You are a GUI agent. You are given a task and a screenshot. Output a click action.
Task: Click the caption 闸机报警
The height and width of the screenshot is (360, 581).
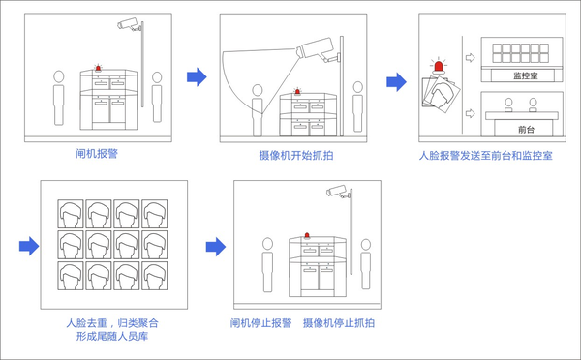[97, 153]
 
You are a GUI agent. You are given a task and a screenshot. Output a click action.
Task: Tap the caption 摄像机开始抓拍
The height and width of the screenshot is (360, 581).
[296, 155]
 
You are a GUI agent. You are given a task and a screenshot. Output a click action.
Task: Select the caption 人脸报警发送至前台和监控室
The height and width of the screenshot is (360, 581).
[486, 155]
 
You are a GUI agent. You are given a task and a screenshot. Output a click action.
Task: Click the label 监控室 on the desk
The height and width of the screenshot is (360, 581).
[526, 75]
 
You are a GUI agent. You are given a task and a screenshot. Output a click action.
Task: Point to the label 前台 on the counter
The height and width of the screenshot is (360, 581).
[526, 130]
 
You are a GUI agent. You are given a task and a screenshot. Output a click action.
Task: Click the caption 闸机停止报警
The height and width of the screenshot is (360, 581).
[260, 323]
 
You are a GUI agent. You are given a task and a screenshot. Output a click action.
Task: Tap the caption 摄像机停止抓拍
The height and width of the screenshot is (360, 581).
[339, 323]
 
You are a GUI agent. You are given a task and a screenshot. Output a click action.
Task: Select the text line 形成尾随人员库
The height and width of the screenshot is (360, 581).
[112, 337]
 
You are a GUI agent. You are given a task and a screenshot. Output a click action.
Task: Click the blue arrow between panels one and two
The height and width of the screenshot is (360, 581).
[197, 77]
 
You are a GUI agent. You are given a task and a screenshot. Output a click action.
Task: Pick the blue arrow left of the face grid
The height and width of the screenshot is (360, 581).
[29, 246]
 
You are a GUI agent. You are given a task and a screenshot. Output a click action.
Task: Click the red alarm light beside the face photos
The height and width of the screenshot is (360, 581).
[439, 67]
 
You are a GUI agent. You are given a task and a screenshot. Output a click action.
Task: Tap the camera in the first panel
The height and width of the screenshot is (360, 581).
[130, 24]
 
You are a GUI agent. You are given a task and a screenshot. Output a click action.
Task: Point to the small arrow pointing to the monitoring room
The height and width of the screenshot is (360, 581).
[470, 58]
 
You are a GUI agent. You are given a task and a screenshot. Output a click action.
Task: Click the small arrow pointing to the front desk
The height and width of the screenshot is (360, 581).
[470, 113]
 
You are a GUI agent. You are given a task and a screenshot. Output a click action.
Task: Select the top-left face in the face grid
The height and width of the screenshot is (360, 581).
[71, 214]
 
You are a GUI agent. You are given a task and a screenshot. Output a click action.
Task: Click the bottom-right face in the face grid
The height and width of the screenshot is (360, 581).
[155, 276]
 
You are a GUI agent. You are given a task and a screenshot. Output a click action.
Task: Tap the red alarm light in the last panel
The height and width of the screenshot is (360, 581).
[307, 235]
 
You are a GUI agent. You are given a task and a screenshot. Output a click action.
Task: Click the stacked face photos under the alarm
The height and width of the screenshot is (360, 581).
[441, 93]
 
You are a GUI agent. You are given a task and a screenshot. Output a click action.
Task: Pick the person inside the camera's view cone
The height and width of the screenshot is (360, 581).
[258, 110]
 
